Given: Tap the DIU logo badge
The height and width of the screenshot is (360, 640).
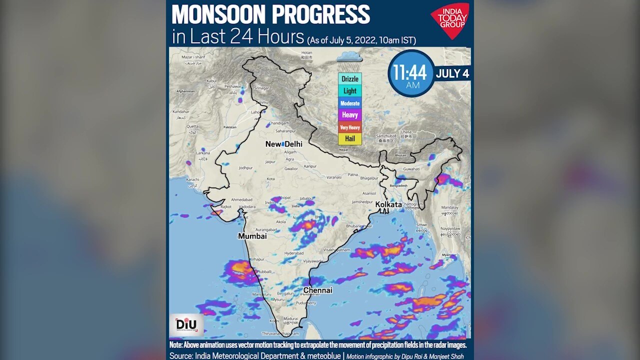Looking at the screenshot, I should pos(186,324).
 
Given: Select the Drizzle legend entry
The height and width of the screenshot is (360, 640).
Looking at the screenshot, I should pos(349,79).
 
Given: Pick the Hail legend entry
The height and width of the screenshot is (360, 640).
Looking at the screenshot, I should pos(349,138).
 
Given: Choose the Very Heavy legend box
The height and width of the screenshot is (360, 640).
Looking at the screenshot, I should pos(349,127).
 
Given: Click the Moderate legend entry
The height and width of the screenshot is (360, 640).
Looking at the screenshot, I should pos(349,103).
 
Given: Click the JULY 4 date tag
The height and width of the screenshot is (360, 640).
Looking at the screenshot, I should pos(452,73).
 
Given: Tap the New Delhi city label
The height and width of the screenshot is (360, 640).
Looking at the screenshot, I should pos(283,144).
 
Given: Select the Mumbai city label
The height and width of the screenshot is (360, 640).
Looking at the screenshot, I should pos(252,236).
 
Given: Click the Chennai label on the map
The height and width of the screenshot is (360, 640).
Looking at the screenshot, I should pos(317,290).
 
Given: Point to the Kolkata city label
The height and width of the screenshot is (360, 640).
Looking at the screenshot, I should pos(388,204).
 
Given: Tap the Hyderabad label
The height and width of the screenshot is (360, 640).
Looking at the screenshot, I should pos(293,253).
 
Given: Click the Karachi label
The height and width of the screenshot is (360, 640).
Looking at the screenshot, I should pos(192,179).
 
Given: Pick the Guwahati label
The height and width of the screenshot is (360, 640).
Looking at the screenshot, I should pos(412,169).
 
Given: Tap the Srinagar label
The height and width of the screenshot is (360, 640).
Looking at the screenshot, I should pos(261,88).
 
